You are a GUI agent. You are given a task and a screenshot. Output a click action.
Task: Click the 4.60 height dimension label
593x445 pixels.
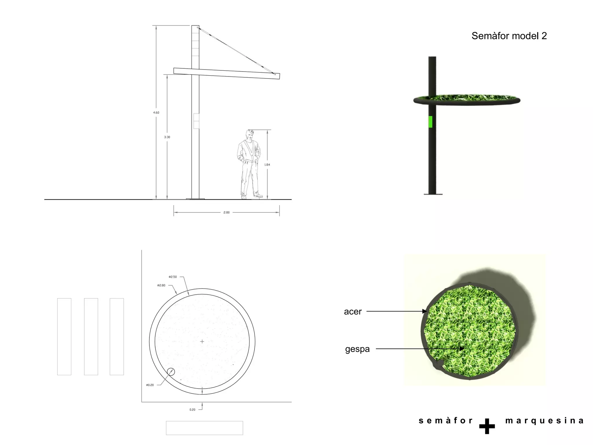(x=156, y=112)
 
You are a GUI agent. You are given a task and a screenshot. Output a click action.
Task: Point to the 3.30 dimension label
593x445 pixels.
(x=167, y=137)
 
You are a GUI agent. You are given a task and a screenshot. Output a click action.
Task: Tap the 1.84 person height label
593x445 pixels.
(x=267, y=165)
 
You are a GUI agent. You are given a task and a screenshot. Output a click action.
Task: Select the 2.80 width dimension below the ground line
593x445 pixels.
(x=226, y=212)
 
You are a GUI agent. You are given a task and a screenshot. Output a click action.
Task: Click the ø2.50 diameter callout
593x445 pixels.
(x=173, y=277)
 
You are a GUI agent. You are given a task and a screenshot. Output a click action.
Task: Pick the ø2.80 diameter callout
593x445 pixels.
(x=161, y=285)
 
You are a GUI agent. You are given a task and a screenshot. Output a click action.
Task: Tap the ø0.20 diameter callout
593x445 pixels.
(x=150, y=385)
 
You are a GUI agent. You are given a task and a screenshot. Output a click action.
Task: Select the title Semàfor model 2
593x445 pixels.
(x=509, y=36)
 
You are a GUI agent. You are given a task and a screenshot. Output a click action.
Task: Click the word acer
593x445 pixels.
(x=353, y=312)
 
